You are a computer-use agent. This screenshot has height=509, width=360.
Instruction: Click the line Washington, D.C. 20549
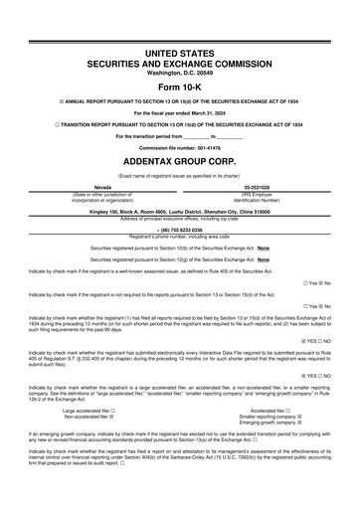pos(179,73)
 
